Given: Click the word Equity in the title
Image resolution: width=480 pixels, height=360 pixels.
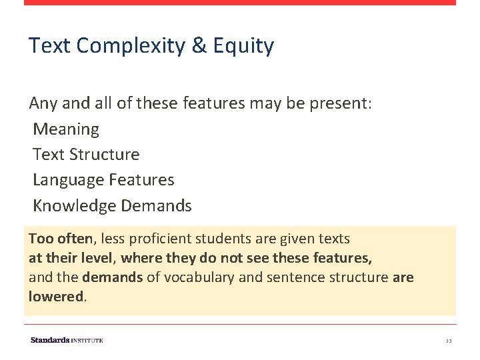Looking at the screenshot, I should click(243, 46).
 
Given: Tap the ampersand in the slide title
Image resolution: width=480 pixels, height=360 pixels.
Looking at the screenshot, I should click(199, 46).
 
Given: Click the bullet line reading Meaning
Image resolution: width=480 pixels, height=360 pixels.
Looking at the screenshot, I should click(66, 129).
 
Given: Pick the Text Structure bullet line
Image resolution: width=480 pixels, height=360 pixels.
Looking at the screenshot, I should click(86, 154).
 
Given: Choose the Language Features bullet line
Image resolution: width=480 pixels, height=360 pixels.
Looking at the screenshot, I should click(103, 180).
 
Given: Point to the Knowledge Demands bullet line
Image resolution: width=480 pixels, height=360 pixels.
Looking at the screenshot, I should click(112, 206).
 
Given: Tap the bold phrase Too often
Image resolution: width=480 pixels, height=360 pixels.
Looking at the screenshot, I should click(62, 238).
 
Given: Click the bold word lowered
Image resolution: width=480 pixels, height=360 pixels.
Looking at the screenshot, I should click(55, 296).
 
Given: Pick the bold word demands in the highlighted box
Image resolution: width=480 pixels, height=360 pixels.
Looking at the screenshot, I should click(112, 277).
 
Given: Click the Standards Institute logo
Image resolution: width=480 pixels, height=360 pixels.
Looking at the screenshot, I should click(67, 340).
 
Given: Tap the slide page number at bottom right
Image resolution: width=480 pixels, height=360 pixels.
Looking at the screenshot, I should click(449, 341).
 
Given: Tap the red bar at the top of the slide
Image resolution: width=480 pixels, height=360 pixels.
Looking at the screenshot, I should click(240, 3).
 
